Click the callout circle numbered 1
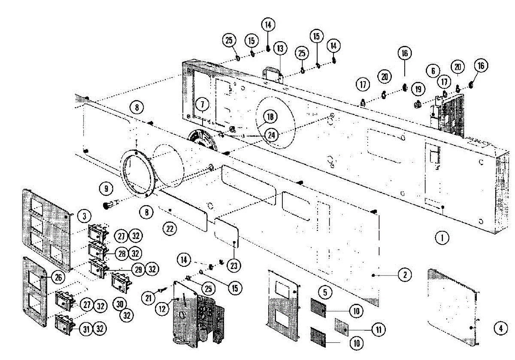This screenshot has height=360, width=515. [442, 236]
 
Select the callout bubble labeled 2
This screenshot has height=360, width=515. [405, 274]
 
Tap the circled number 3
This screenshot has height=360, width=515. [85, 215]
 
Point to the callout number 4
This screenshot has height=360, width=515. [500, 329]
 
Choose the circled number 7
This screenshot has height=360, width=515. [202, 104]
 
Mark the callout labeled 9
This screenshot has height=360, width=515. [105, 188]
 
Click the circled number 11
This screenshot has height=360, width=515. [379, 330]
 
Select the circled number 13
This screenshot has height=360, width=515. [280, 47]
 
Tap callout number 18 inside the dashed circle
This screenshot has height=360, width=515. [271, 117]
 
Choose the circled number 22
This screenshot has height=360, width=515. [170, 229]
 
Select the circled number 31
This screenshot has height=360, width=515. [87, 329]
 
